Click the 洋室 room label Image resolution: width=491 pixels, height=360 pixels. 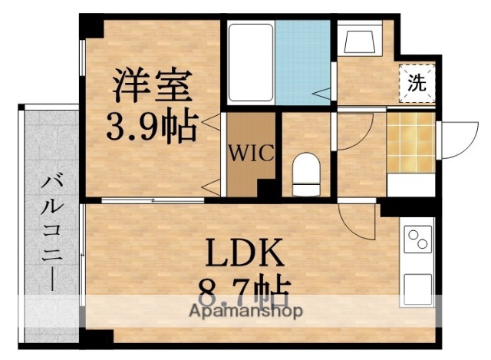click(x=151, y=86)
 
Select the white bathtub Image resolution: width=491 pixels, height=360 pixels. click(x=249, y=63)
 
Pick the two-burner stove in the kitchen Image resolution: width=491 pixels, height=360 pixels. click(x=418, y=241)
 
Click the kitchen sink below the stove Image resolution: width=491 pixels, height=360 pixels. click(x=418, y=287)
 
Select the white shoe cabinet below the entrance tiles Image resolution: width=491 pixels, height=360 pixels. click(x=411, y=185)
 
